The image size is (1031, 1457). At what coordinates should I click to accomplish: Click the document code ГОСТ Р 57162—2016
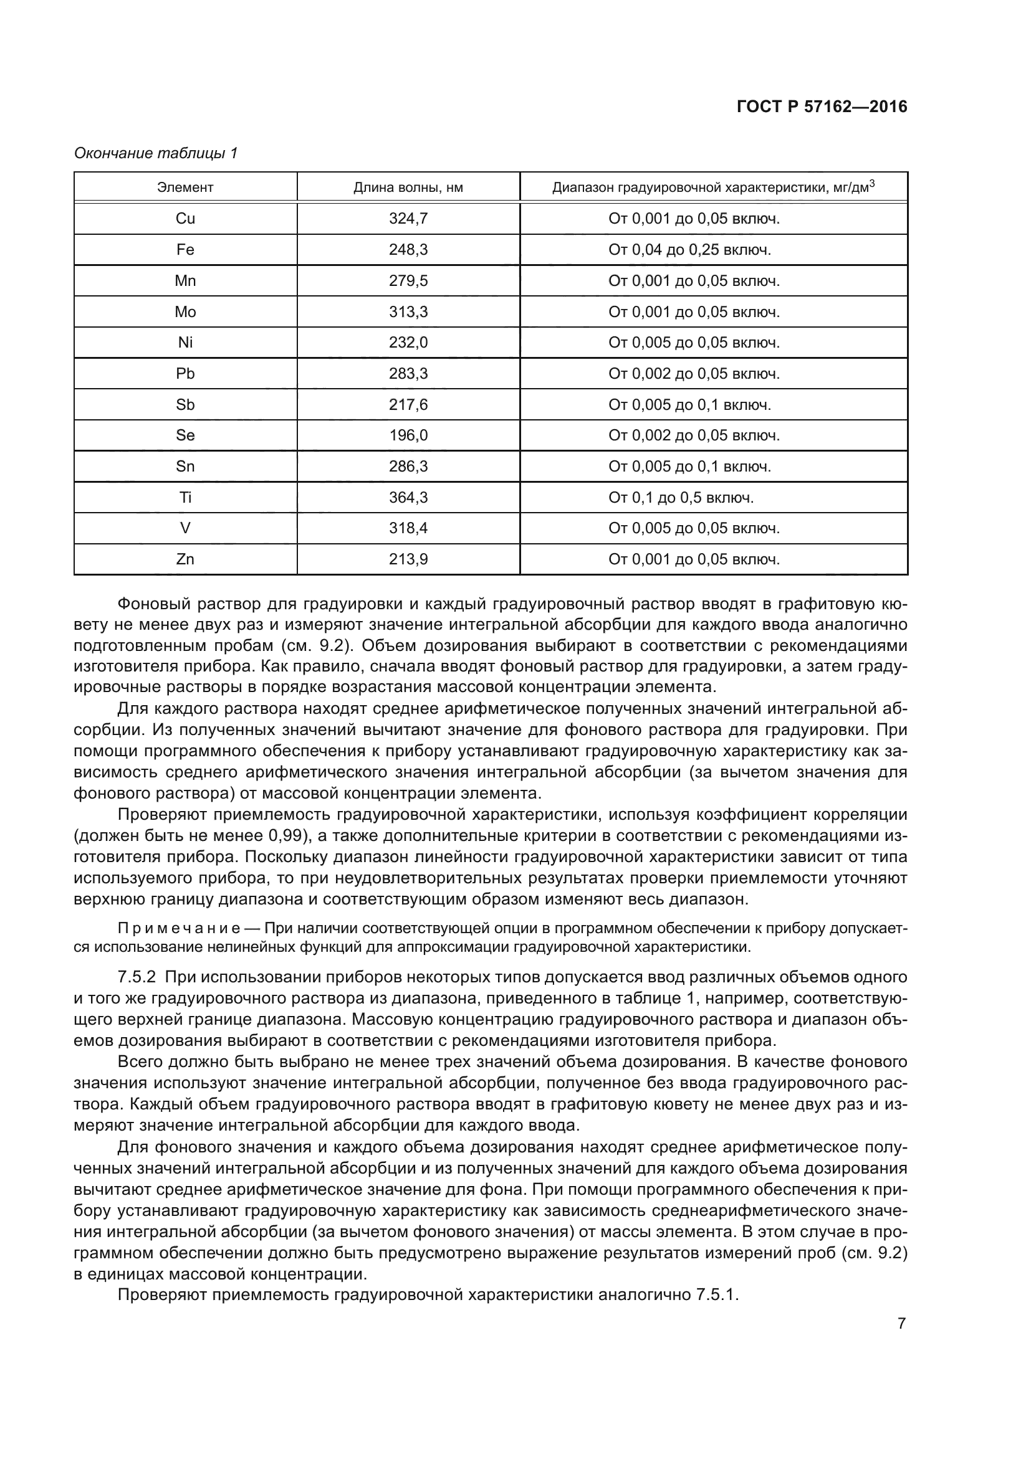pyautogui.click(x=822, y=107)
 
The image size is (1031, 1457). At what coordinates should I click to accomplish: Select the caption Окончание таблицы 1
pyautogui.click(x=156, y=153)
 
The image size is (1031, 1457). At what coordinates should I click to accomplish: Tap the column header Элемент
pyautogui.click(x=185, y=187)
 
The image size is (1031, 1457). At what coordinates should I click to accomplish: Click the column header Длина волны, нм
pyautogui.click(x=408, y=187)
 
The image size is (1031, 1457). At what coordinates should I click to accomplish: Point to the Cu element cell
pyautogui.click(x=185, y=219)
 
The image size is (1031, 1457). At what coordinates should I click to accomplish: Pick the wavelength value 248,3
pyautogui.click(x=408, y=250)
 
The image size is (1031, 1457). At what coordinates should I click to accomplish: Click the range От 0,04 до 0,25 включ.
pyautogui.click(x=689, y=250)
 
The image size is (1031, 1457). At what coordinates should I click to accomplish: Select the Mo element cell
pyautogui.click(x=185, y=312)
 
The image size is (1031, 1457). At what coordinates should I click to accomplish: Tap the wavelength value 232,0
pyautogui.click(x=408, y=343)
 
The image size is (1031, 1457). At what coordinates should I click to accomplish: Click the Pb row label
pyautogui.click(x=185, y=374)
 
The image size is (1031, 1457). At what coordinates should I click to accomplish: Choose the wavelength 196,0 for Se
pyautogui.click(x=408, y=436)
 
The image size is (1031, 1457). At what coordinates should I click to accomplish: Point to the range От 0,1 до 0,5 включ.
pyautogui.click(x=681, y=498)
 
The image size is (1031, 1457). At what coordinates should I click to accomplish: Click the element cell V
pyautogui.click(x=185, y=529)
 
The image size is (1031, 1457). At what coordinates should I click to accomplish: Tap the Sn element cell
pyautogui.click(x=185, y=467)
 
